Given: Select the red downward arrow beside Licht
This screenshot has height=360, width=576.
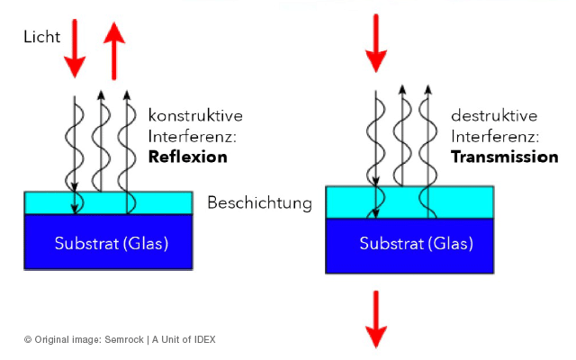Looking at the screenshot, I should tap(74, 49).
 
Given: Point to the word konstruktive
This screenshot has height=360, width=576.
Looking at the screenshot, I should tap(195, 116).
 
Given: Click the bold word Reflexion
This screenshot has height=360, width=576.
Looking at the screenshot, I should tap(187, 157).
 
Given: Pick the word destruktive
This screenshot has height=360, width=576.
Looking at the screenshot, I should tap(495, 116).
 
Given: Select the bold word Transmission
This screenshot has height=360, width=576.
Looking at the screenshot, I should tap(504, 157).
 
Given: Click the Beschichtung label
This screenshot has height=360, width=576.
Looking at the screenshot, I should tap(259, 202).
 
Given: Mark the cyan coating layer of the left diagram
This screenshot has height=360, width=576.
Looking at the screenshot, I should tap(108, 202).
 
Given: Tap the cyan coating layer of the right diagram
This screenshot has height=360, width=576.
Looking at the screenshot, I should tap(409, 201).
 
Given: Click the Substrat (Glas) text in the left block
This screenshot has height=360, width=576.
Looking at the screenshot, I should tap(111, 243).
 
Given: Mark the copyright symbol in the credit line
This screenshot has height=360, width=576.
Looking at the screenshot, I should tap(28, 339).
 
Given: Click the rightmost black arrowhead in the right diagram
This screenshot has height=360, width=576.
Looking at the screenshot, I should tap(430, 90).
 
